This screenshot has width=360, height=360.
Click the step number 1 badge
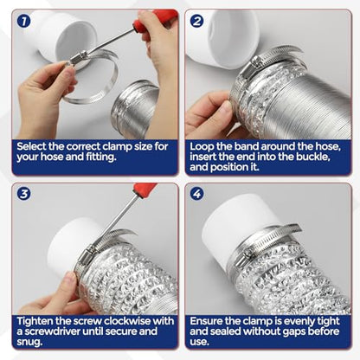click(x=23, y=21)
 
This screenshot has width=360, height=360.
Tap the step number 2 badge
click(x=196, y=21)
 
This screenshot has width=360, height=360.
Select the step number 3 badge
click(x=23, y=194)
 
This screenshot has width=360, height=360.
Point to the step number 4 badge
click(x=196, y=194)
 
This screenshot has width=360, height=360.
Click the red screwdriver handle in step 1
click(x=155, y=20)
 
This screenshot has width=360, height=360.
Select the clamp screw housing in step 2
click(x=254, y=63)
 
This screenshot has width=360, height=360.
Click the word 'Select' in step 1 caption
click(x=31, y=146)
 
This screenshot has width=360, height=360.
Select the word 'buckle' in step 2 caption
click(x=313, y=157)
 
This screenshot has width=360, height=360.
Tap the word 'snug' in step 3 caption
click(x=29, y=342)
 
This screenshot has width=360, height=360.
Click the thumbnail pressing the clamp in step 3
click(x=70, y=279)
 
